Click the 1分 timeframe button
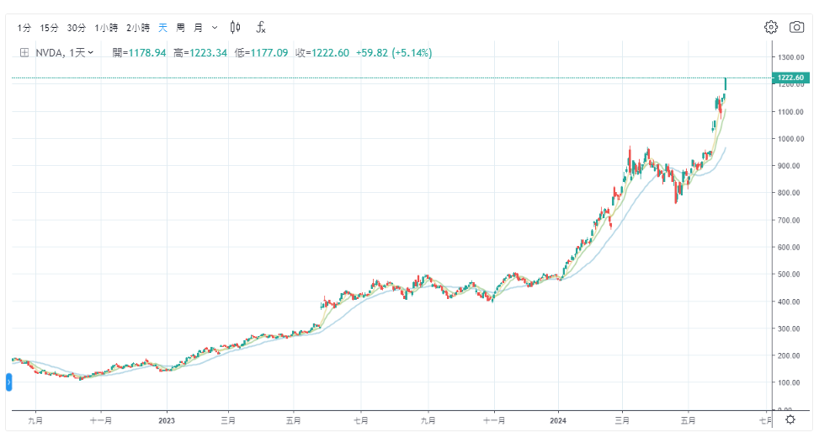[x=24, y=28]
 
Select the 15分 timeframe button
[x=50, y=28]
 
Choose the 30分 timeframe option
[x=77, y=28]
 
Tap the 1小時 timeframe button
[x=106, y=28]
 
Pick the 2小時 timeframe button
[x=137, y=28]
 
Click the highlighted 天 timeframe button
[x=163, y=28]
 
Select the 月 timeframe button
[x=198, y=28]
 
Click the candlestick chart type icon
[x=235, y=28]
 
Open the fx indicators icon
[x=261, y=28]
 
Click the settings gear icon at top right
[x=770, y=27]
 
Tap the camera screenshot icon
[x=796, y=27]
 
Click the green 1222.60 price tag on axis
[x=793, y=78]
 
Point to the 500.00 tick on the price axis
[x=792, y=275]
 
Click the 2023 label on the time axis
[x=167, y=419]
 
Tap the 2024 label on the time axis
[x=558, y=419]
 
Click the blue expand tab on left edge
[x=8, y=383]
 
